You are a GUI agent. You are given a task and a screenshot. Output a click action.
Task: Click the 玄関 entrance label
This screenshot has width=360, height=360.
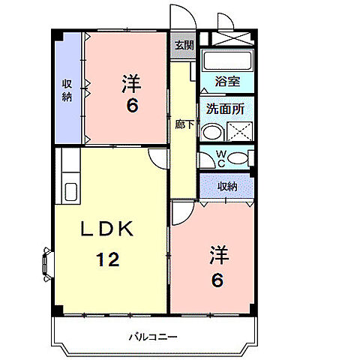point(184,45)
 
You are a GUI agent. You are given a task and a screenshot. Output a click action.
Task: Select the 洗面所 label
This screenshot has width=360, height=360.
point(226,109)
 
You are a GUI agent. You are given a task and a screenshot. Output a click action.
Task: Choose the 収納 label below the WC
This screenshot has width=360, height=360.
point(227,186)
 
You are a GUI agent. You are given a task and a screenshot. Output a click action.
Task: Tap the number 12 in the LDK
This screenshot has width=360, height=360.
point(107,260)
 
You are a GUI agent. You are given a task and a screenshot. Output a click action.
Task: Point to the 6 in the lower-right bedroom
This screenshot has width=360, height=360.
point(217,281)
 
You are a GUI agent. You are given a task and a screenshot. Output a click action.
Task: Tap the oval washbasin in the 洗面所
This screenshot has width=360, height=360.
point(212,132)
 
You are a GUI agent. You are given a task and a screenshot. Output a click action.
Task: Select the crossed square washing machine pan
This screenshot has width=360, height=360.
point(241,133)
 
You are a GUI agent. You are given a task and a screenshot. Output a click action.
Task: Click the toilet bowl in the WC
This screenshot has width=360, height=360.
point(238,157)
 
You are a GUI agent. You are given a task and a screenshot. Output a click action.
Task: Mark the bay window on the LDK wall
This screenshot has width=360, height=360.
point(46,262)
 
